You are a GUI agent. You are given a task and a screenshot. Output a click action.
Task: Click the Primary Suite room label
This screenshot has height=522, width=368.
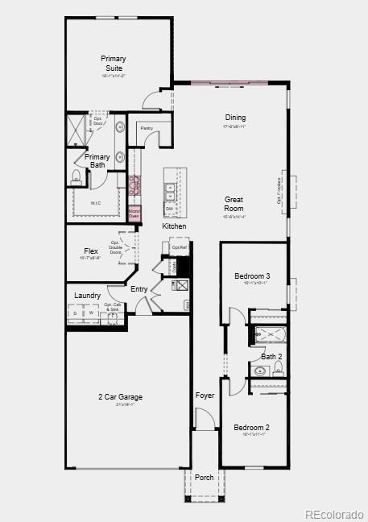tap(114, 63)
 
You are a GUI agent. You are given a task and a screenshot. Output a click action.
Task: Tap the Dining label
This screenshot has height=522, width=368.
tap(235, 118)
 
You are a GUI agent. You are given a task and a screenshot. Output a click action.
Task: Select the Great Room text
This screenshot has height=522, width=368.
tap(234, 204)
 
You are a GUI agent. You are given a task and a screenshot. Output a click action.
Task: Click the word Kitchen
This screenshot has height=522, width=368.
tap(174, 226)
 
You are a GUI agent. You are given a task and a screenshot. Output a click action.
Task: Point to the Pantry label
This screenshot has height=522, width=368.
tap(147, 128)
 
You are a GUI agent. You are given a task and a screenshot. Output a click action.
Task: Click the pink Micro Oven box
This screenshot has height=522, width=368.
tap(134, 214)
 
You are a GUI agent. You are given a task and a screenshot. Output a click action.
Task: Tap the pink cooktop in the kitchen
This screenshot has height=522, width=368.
tap(134, 185)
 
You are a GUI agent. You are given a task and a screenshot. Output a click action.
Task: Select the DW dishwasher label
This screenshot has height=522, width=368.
tap(170, 209)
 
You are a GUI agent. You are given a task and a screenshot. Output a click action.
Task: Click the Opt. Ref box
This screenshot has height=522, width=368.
tap(178, 247)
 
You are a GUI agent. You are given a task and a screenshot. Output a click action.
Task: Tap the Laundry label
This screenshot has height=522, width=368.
tap(87, 296)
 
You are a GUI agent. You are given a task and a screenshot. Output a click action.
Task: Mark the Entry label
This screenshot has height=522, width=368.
tap(139, 289)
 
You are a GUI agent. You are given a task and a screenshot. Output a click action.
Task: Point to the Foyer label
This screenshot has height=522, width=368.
tap(205, 396)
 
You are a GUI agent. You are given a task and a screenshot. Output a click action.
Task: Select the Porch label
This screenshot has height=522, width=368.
tap(205, 478)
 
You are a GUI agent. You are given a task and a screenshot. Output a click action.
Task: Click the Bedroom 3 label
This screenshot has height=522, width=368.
tap(252, 276)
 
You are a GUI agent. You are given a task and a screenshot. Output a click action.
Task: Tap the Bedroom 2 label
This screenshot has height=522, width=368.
tap(251, 427)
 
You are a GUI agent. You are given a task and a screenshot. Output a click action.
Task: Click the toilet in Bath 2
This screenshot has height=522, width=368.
tap(278, 369)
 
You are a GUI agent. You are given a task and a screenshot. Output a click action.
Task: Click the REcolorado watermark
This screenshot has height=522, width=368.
tap(334, 514)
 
